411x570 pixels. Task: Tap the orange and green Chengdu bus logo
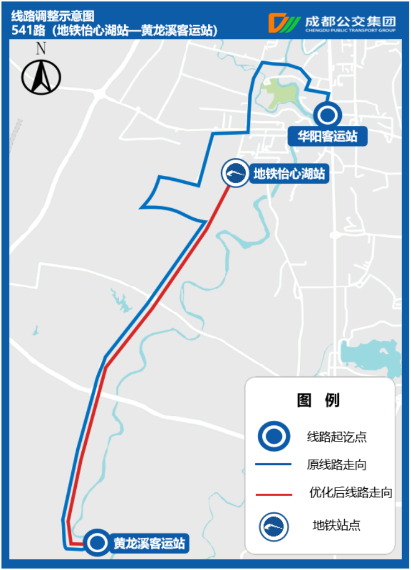pos(285,23)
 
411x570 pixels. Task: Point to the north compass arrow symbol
pos(41,77)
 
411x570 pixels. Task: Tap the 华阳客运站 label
pos(327,136)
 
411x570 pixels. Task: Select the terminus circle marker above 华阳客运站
pos(327,115)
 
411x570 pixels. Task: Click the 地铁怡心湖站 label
pos(289,174)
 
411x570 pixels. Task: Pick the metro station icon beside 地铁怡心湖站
pos(236,174)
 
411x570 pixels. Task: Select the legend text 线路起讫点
pos(337,436)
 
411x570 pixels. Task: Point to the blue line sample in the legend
pos(273,464)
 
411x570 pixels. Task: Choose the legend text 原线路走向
pos(337,464)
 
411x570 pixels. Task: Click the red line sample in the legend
pos(273,494)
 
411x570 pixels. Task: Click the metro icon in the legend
pos(274,525)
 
